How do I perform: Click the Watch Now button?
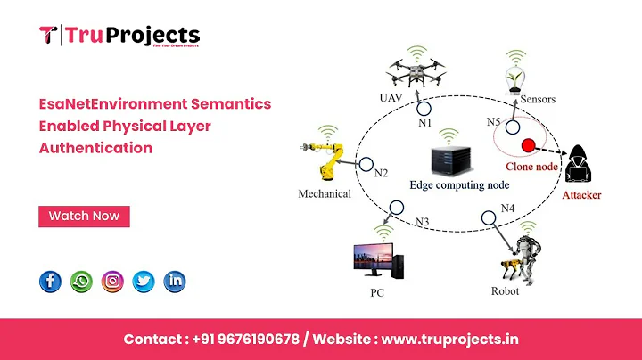(84, 216)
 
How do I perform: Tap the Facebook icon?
(51, 282)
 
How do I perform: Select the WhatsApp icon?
(81, 282)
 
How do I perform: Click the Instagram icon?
(112, 282)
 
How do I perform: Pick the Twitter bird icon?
(144, 282)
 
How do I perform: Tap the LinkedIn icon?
(175, 282)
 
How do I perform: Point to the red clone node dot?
(528, 144)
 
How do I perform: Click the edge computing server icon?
(449, 155)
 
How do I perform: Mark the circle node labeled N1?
(426, 110)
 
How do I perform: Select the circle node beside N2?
(364, 164)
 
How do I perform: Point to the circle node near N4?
(487, 216)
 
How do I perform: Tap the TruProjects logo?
(119, 37)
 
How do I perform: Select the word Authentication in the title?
(96, 148)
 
